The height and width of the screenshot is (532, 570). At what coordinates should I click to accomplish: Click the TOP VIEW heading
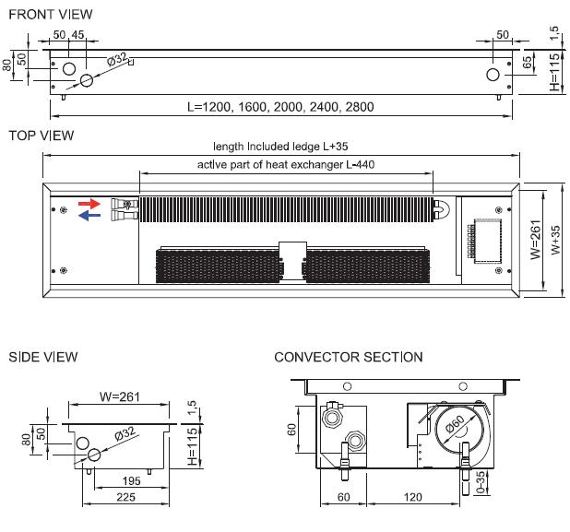tap(41, 136)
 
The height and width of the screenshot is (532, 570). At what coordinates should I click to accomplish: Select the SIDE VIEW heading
tap(42, 357)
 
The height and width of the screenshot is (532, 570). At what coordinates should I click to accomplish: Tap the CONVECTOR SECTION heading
tap(349, 357)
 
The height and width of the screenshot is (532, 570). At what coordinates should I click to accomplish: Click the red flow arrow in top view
tap(89, 203)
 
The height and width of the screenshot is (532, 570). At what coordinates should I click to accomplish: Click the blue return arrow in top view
tap(89, 217)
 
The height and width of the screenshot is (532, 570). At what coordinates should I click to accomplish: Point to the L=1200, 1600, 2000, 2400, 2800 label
tap(280, 107)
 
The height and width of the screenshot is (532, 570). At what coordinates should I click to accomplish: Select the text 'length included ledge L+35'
tap(279, 147)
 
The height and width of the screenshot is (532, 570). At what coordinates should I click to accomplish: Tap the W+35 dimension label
tap(551, 242)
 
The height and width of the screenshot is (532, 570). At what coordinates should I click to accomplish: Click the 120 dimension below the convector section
tap(412, 497)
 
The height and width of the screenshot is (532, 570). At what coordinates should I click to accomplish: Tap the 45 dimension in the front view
tap(78, 35)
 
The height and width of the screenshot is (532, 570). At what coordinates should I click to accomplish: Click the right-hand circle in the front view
tap(493, 74)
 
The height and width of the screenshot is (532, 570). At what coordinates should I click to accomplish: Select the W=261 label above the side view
tap(117, 397)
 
